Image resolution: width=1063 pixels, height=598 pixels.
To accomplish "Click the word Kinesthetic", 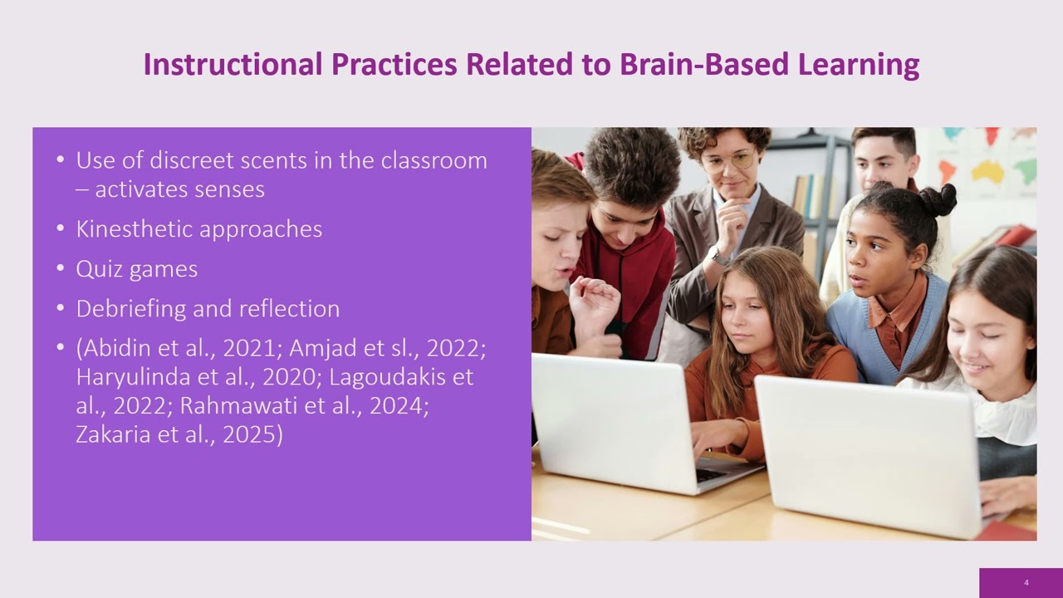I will pyautogui.click(x=133, y=229).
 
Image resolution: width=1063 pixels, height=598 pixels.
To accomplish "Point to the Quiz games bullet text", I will pyautogui.click(x=136, y=269).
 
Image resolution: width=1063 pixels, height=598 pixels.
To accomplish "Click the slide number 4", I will pyautogui.click(x=1026, y=583).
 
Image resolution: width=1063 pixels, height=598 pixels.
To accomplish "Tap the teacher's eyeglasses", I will pyautogui.click(x=728, y=161).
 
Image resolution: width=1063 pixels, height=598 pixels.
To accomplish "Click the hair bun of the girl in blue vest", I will pyautogui.click(x=938, y=200).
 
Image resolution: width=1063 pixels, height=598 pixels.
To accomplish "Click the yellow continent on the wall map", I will pyautogui.click(x=987, y=172).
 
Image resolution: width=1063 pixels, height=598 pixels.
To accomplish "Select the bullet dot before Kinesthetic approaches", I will pyautogui.click(x=61, y=229).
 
